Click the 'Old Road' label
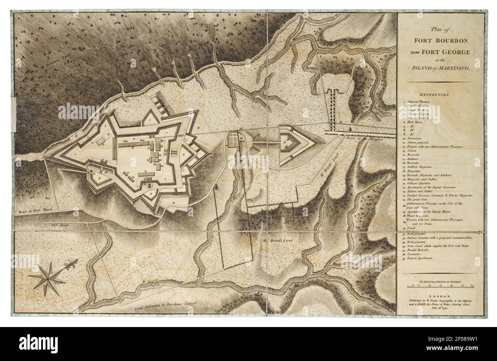(59, 226)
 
